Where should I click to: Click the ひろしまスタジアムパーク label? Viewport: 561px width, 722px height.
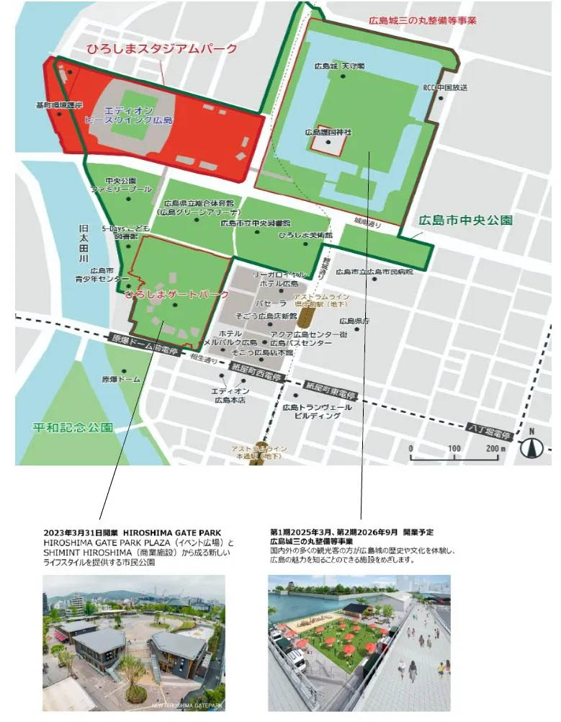coord(161,50)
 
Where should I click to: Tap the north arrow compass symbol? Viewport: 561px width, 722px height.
coord(531,447)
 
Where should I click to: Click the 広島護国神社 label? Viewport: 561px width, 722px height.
coord(328,133)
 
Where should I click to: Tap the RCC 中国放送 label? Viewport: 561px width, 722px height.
coord(445,88)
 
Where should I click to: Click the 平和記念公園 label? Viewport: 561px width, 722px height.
coord(73,427)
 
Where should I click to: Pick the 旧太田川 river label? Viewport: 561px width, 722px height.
coord(83,243)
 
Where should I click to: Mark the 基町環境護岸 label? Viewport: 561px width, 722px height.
coord(60,105)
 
